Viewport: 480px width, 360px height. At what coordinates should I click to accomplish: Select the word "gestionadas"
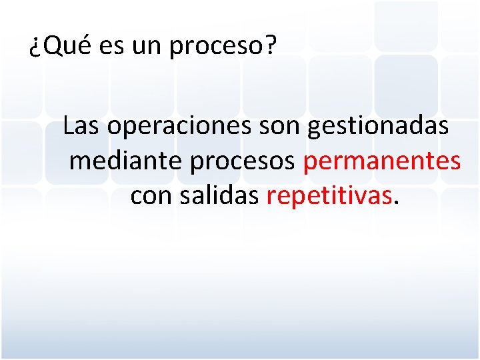click(379, 127)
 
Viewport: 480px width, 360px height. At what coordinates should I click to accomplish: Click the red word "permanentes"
click(382, 162)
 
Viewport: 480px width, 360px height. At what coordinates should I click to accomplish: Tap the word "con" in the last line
click(151, 196)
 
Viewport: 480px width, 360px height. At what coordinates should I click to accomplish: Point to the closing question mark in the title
click(270, 46)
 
